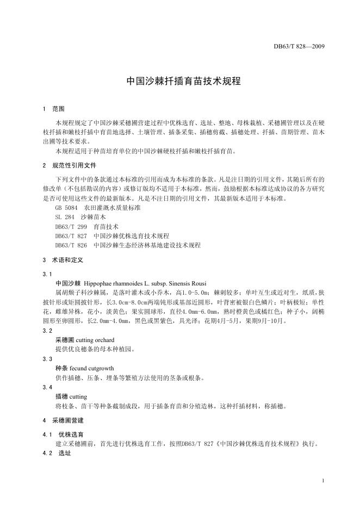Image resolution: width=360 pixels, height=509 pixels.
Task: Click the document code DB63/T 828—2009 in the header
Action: (299, 46)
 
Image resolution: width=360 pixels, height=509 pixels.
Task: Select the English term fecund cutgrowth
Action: (91, 368)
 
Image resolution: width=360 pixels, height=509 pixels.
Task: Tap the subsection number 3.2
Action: (47, 330)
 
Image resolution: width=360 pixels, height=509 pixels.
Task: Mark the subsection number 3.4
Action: (47, 387)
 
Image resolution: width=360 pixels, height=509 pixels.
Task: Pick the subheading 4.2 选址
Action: (57, 453)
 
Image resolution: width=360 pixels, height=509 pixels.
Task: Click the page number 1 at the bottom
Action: (323, 481)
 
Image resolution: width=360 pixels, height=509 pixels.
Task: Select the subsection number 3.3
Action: (47, 359)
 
